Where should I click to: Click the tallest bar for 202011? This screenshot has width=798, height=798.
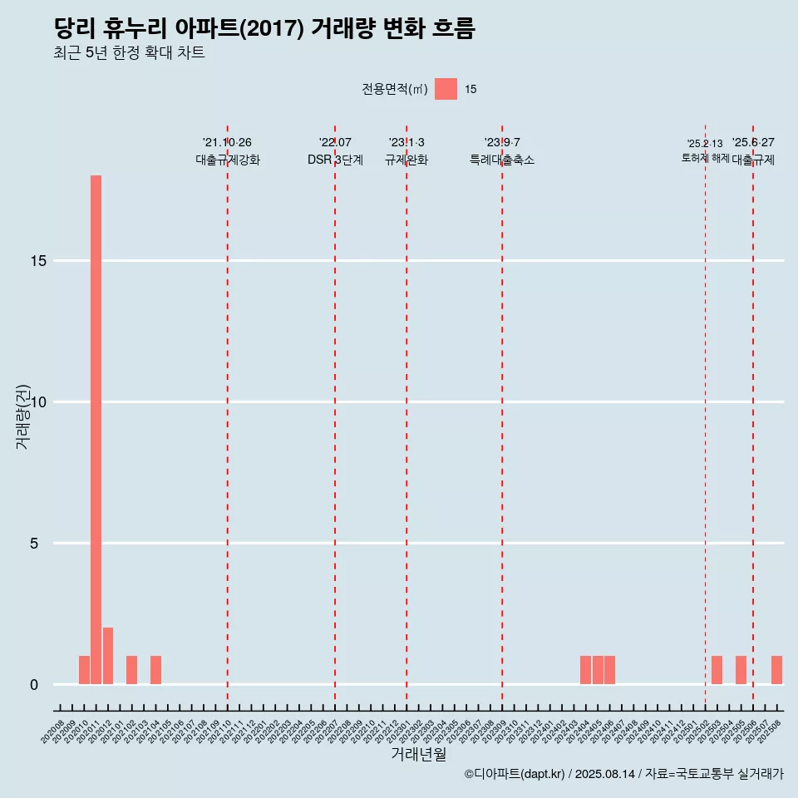96,429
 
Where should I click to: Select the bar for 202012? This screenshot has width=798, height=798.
108,656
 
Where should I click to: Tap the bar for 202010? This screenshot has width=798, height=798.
84,670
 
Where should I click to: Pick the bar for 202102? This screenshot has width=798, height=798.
131,670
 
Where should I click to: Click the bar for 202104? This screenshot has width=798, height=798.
155,670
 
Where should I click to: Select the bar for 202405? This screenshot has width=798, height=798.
598,670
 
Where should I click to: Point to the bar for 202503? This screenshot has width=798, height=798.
717,670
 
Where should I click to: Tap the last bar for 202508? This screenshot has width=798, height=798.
776,670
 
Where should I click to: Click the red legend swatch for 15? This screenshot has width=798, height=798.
446,89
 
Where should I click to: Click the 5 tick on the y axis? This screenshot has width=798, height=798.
34,544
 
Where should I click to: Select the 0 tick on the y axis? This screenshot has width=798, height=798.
34,685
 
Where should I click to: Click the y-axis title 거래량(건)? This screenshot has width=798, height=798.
22,416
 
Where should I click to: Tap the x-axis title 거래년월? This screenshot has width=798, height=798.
418,755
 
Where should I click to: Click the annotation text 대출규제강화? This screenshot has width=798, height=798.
228,160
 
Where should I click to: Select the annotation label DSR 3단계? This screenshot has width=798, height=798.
335,160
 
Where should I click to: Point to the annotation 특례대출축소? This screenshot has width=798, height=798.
502,160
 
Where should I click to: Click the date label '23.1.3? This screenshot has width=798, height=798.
406,143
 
